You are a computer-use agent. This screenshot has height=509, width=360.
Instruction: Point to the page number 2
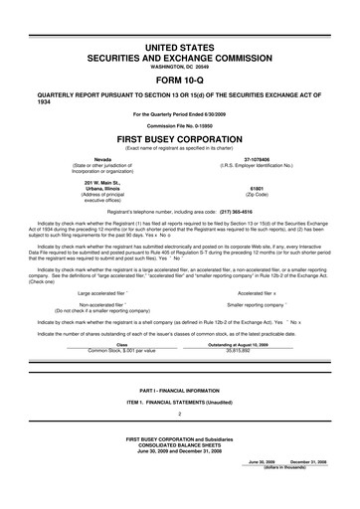pos(180,413)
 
